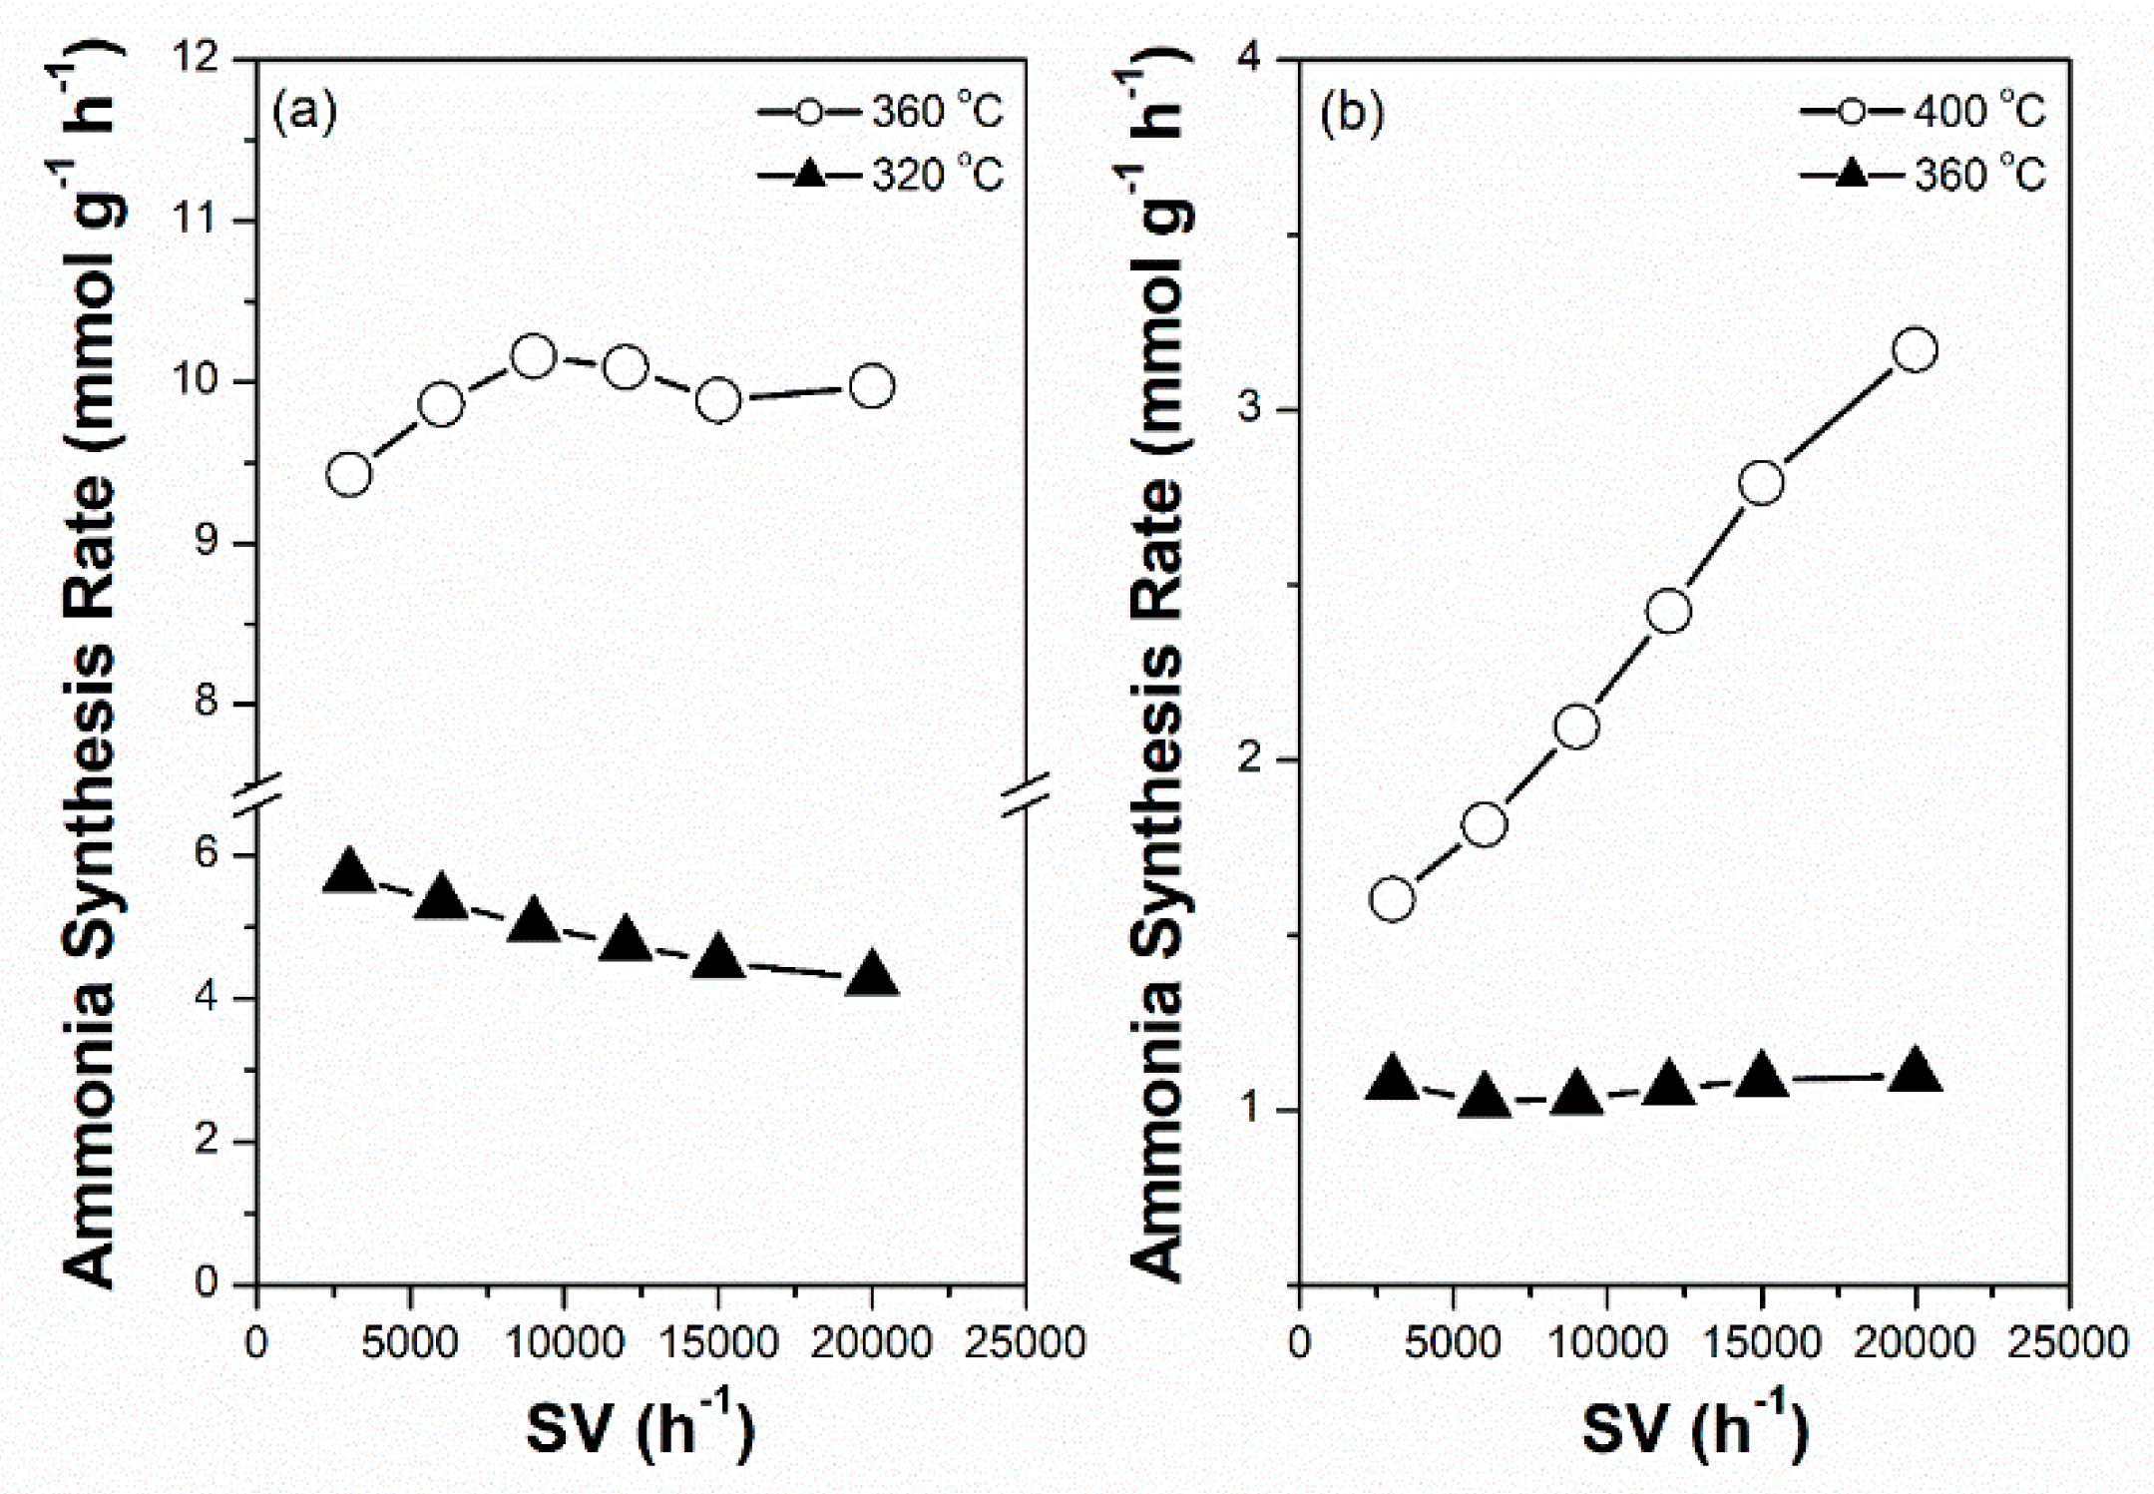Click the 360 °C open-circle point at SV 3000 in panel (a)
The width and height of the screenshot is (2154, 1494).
coord(349,474)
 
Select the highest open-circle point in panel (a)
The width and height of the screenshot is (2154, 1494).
coord(534,356)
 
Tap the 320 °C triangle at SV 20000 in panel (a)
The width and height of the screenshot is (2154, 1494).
coord(872,974)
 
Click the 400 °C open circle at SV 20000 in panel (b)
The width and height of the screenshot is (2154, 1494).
coord(1915,349)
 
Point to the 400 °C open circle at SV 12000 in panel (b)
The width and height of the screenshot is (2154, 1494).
coord(1669,611)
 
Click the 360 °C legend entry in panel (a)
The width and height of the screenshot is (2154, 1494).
coord(882,112)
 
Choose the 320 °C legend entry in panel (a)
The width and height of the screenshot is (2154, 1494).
coord(882,176)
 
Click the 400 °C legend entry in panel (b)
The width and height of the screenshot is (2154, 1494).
coord(1924,112)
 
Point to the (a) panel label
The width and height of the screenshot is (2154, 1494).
coord(304,112)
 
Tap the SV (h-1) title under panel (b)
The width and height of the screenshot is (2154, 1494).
coord(1694,1429)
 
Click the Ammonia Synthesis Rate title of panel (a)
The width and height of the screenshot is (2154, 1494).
coord(90,669)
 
